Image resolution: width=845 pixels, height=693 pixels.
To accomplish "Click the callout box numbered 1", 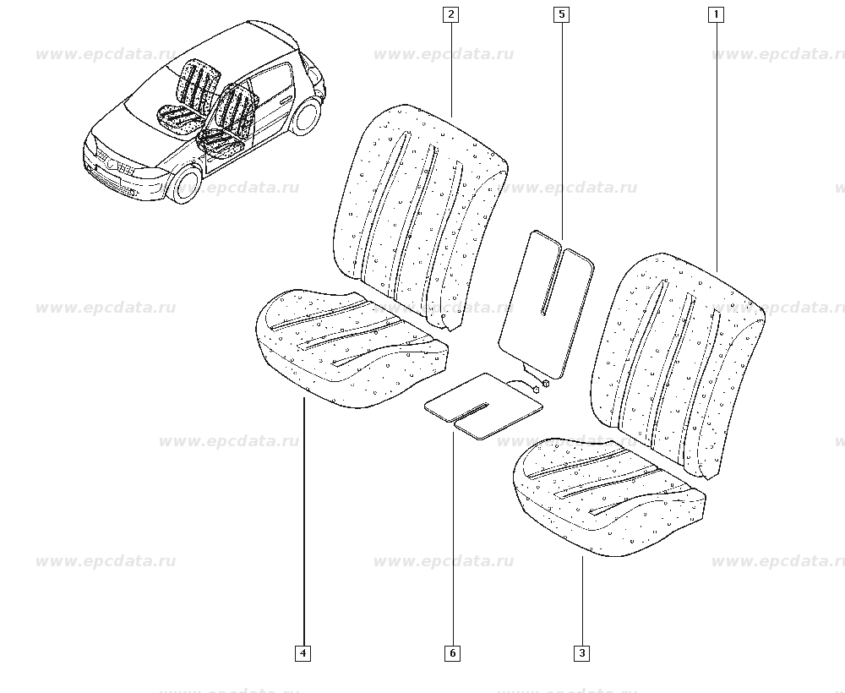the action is [x=716, y=14].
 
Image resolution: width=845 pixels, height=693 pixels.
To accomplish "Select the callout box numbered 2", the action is [x=450, y=14].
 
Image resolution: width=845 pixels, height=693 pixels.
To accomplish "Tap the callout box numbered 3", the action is [x=582, y=653].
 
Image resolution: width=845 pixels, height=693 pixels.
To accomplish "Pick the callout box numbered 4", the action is [x=303, y=653].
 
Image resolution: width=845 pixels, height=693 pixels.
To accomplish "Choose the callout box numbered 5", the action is [x=562, y=14].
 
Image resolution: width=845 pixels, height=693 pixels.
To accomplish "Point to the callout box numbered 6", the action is [x=453, y=653].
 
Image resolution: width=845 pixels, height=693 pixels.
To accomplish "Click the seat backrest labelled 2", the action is [x=420, y=216].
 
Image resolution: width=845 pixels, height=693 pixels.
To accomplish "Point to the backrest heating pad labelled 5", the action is [x=545, y=304].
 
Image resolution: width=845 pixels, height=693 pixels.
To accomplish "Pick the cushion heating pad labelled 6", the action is [x=483, y=406].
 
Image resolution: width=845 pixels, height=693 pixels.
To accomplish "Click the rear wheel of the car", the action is [x=306, y=115].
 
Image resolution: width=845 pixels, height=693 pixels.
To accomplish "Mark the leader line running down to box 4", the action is [x=303, y=522].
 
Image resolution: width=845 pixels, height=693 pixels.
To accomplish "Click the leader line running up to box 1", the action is [x=717, y=147].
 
